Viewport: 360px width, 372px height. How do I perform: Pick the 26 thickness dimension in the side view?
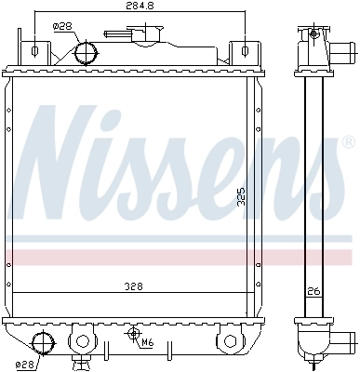[x=313, y=292]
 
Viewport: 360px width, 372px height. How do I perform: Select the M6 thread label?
[x=148, y=342]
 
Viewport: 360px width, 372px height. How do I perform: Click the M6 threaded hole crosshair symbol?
[x=134, y=333]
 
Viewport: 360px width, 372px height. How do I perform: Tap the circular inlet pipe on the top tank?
[x=86, y=50]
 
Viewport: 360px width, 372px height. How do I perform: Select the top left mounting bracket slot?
[x=34, y=49]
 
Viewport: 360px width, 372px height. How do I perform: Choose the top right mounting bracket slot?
[x=245, y=49]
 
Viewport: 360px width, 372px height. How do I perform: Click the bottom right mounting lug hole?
[x=229, y=339]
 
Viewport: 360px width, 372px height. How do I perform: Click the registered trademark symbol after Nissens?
[x=348, y=142]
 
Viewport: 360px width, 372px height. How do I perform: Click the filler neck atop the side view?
[x=313, y=41]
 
